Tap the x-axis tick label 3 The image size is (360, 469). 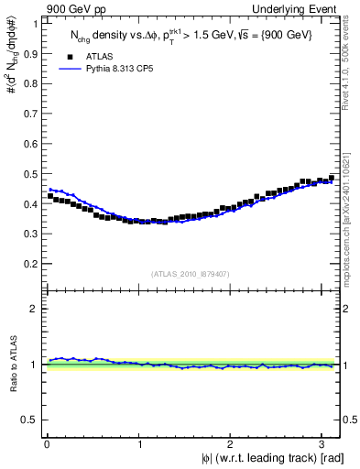324,445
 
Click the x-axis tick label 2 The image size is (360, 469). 233,445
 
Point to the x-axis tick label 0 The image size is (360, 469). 47,445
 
